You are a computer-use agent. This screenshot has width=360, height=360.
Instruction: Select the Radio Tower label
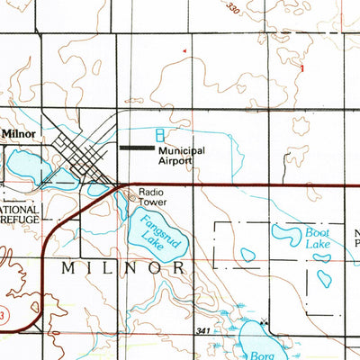(153, 196)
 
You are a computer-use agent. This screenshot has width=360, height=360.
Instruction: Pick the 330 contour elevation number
(235, 9)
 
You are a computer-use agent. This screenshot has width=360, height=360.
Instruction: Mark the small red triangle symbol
(185, 53)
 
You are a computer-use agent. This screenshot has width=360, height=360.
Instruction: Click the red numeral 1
(302, 68)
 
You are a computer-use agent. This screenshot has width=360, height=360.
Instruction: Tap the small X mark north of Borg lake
(263, 321)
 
